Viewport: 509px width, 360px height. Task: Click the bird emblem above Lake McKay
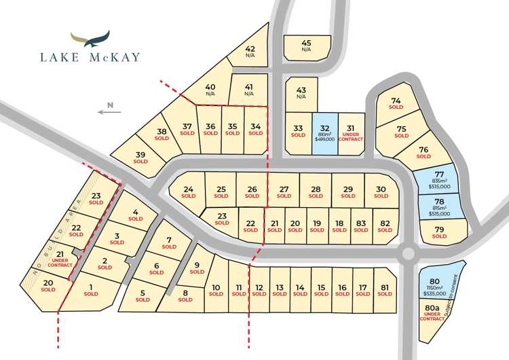pos(90,39)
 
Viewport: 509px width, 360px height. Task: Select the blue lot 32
pos(324,134)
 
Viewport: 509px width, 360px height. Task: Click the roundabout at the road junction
pos(407,254)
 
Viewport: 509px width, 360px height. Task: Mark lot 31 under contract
pos(350,134)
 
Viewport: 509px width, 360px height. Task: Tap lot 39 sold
pos(140,158)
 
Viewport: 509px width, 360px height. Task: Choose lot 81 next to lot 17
pos(385,291)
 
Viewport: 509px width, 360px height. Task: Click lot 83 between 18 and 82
pos(360,226)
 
